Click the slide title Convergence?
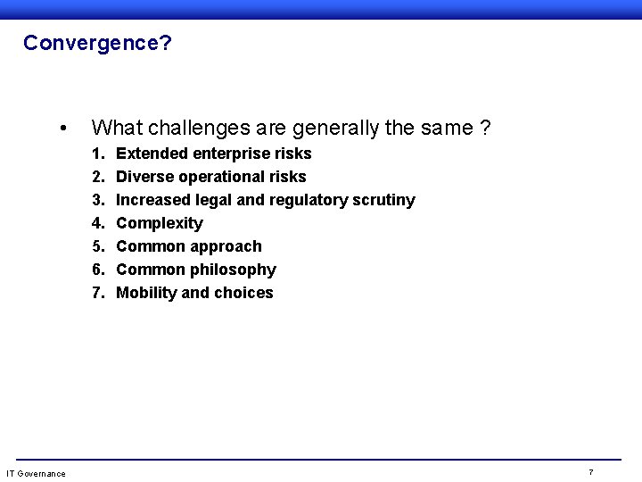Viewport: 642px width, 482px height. pos(97,43)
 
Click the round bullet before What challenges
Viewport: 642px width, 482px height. pos(61,129)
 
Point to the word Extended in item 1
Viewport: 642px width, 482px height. pos(152,154)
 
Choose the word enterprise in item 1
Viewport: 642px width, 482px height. pos(231,154)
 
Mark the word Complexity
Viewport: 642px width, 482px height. pos(160,223)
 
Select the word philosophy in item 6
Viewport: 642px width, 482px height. pos(235,270)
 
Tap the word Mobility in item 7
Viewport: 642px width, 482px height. pos(146,293)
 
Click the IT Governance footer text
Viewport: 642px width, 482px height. pos(36,473)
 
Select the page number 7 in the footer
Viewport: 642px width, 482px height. pos(591,471)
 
